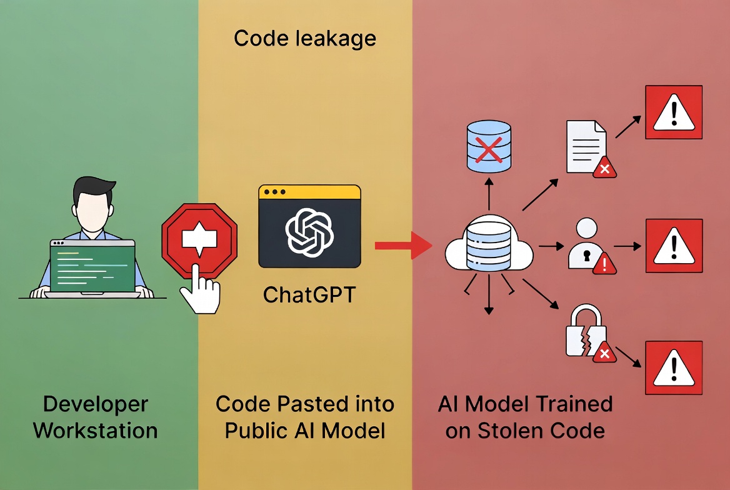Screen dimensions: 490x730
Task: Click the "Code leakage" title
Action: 305,39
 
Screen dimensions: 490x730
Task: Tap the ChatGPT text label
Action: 309,294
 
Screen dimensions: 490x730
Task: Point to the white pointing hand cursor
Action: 201,289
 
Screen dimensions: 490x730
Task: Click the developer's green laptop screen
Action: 92,267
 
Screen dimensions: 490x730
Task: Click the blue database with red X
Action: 489,148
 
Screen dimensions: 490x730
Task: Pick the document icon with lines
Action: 586,146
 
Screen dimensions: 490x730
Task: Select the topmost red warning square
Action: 673,113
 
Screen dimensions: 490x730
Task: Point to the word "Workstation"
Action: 95,431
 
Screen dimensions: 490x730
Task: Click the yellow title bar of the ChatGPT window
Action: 309,192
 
